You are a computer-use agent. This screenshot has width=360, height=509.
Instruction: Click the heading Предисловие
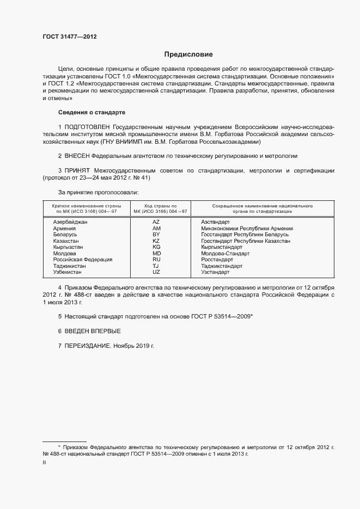click(x=188, y=54)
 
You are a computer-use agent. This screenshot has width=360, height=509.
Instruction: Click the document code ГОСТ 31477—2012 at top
click(x=69, y=36)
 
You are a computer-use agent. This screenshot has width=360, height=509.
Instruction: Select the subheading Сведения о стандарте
click(x=91, y=113)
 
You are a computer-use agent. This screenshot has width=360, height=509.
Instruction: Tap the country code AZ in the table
click(x=156, y=222)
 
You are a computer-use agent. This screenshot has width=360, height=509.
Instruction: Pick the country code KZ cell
click(x=156, y=241)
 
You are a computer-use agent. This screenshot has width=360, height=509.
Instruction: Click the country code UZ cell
click(x=156, y=272)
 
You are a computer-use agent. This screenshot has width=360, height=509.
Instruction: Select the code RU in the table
click(x=156, y=260)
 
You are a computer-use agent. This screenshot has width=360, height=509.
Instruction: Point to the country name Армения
click(x=64, y=229)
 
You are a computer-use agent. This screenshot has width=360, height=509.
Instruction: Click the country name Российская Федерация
click(x=82, y=260)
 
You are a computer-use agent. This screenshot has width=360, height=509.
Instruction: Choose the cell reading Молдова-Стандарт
click(x=225, y=253)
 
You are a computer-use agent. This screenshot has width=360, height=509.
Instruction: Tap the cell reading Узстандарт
click(x=215, y=272)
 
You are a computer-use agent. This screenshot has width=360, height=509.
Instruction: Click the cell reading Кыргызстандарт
click(x=222, y=247)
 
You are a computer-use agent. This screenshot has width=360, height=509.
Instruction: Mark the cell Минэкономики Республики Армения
click(x=247, y=229)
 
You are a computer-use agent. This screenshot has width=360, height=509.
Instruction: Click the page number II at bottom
click(x=44, y=462)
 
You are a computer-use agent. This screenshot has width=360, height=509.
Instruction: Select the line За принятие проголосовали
click(x=98, y=192)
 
